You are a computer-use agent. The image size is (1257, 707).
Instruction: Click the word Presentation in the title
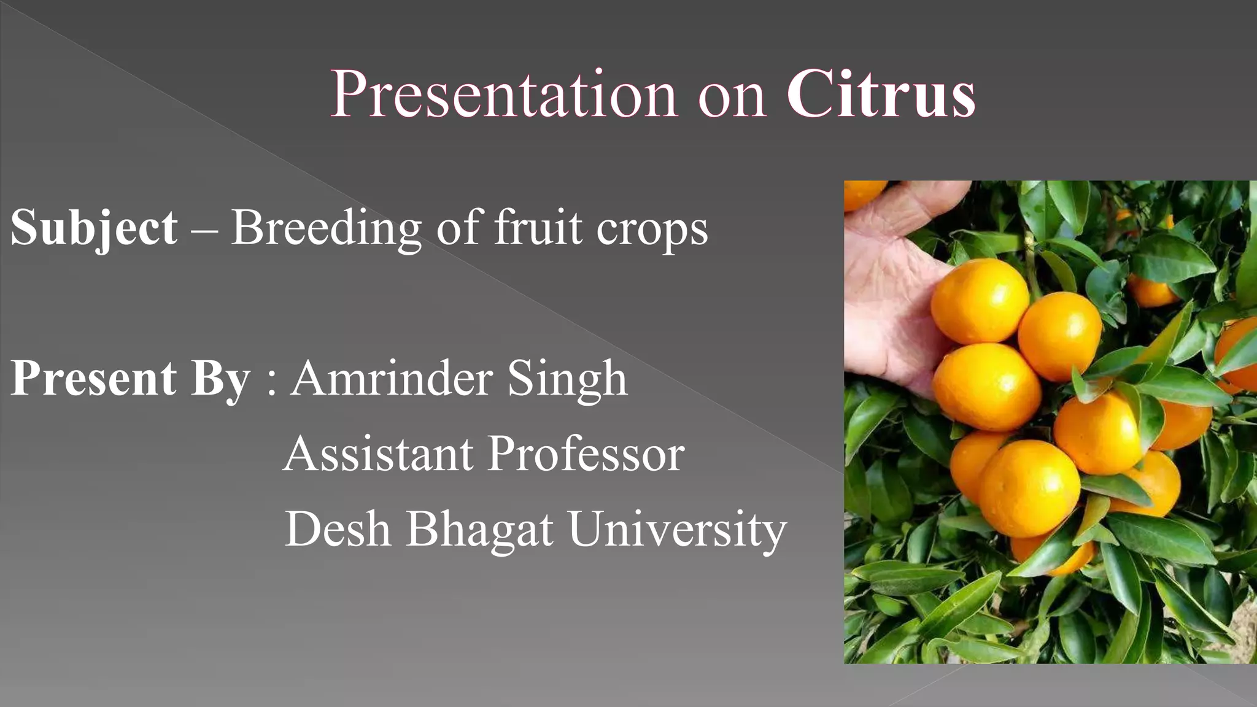click(503, 95)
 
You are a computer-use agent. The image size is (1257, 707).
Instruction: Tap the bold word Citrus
click(881, 95)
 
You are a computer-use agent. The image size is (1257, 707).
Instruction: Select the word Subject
click(94, 228)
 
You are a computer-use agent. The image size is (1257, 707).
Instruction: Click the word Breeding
click(326, 228)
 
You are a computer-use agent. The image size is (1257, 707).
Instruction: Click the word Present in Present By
click(94, 378)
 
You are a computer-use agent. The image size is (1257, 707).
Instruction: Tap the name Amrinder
click(391, 378)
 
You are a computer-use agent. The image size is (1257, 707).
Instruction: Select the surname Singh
click(567, 379)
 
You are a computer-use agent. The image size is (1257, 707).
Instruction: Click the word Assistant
click(378, 454)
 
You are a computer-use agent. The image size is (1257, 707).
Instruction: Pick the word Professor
click(586, 454)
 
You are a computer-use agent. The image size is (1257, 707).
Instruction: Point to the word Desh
click(338, 529)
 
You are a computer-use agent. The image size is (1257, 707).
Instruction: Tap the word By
click(220, 379)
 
